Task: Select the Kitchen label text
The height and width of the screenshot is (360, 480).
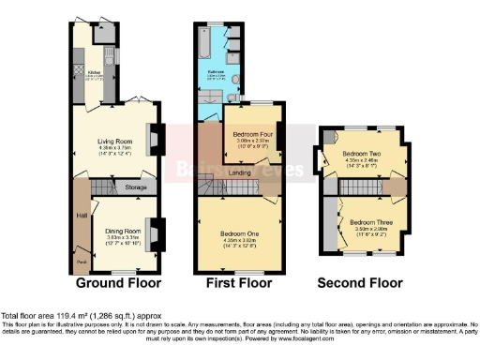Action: click(93, 70)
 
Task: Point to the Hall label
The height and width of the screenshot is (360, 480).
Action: click(80, 214)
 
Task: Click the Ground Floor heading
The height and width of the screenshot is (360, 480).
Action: click(118, 282)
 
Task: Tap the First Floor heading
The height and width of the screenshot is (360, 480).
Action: click(239, 282)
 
